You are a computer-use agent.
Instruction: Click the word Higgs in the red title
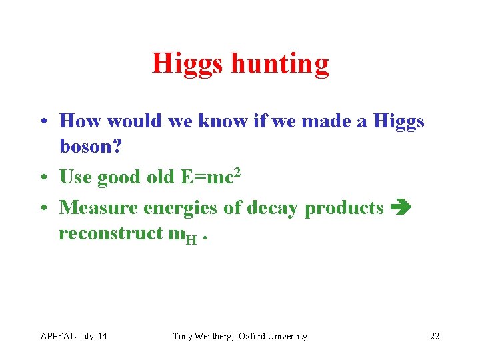click(x=188, y=64)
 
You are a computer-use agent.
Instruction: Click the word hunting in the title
click(x=280, y=64)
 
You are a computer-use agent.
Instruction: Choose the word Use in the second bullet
click(x=76, y=177)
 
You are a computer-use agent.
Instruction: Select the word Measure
click(x=102, y=207)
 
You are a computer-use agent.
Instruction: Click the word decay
click(x=273, y=207)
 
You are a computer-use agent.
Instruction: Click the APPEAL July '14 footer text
click(x=73, y=336)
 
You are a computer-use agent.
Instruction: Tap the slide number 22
click(x=434, y=336)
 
